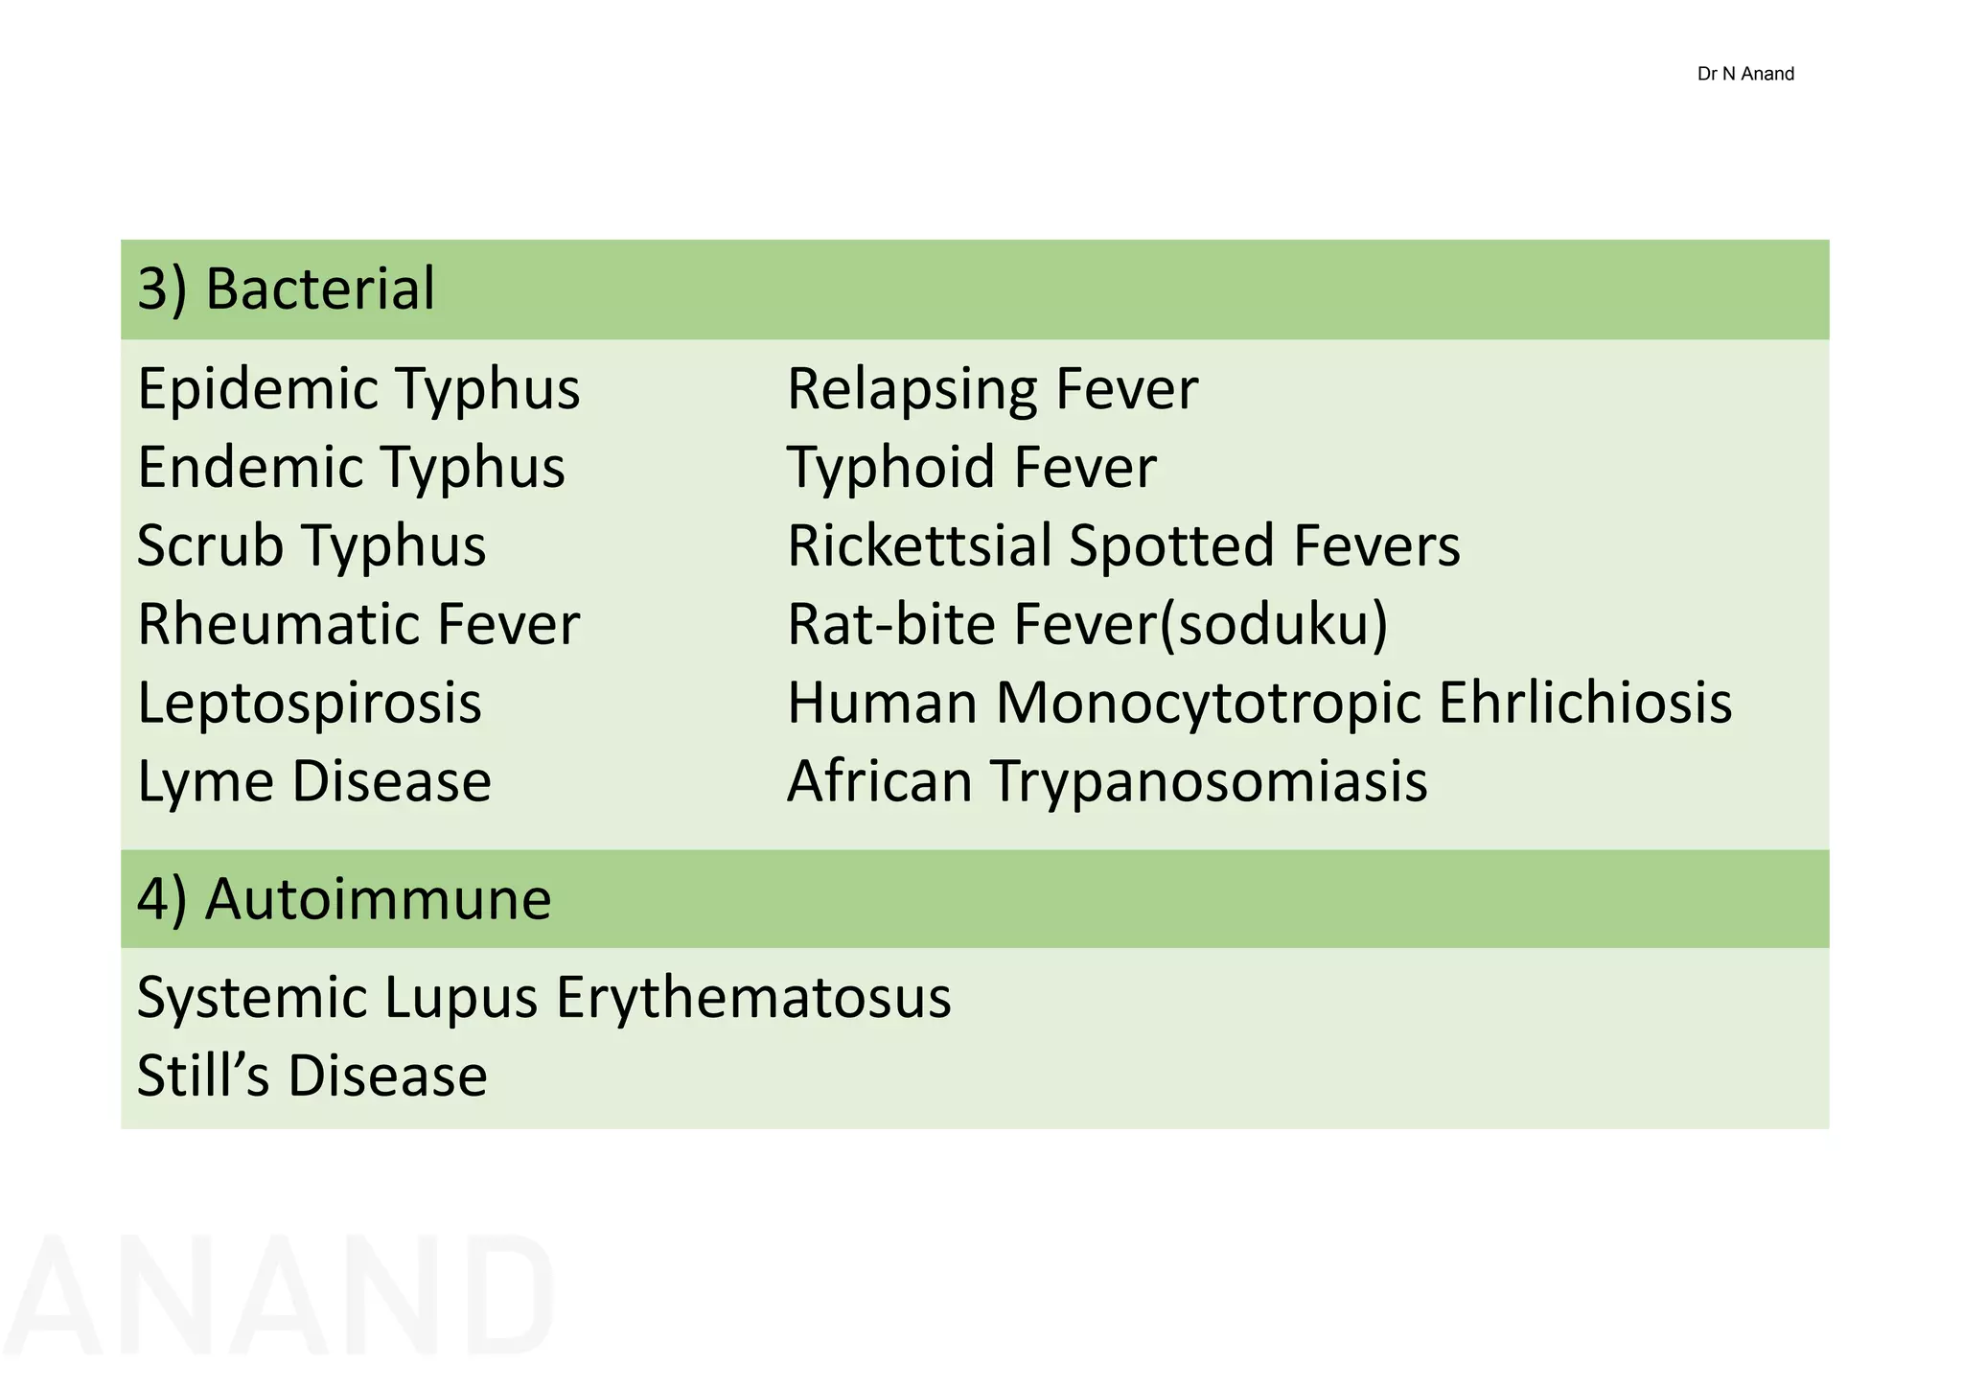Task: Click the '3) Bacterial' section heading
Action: [286, 289]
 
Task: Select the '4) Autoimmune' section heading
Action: [344, 899]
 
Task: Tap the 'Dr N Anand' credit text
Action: [1744, 74]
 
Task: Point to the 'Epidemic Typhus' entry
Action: [358, 389]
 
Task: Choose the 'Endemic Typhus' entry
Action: [351, 468]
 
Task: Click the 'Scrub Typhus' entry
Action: [312, 545]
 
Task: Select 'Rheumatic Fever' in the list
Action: [358, 624]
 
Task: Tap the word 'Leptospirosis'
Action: [309, 703]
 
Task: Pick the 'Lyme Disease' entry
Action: [314, 781]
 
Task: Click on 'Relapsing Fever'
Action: [992, 389]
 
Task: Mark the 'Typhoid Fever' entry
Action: [971, 468]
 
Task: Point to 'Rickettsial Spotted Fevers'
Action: [1123, 545]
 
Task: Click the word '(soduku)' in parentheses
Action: [1274, 625]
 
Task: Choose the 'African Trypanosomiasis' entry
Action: [1107, 781]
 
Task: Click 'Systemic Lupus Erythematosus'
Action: [543, 997]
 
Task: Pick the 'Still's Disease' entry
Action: [312, 1076]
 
